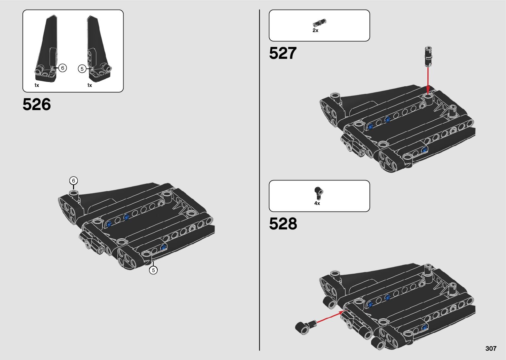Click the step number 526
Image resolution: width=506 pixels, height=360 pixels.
pos(37,104)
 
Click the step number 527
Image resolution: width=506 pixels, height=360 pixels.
pos(283,53)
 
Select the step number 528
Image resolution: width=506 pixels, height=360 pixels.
pos(283,224)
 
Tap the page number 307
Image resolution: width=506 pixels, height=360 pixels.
pos(491,348)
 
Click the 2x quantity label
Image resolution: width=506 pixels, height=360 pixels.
pos(315,30)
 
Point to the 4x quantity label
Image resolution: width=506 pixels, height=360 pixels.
pos(317,203)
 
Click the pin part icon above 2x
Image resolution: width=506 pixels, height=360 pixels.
pos(319,23)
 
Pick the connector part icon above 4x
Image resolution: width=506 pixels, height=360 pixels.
pos(319,193)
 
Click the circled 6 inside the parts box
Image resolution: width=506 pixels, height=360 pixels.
pos(62,68)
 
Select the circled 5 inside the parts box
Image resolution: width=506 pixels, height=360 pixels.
pos(82,69)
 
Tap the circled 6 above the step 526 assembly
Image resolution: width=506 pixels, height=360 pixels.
pos(73,181)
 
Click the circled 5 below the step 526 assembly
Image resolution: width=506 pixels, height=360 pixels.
pos(153,270)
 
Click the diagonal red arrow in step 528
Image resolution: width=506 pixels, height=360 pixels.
pos(329,317)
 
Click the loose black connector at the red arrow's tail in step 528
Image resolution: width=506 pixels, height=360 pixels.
pos(303,327)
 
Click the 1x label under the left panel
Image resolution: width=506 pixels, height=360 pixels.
pos(37,85)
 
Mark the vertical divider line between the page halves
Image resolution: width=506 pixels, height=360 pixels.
pos(259,180)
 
